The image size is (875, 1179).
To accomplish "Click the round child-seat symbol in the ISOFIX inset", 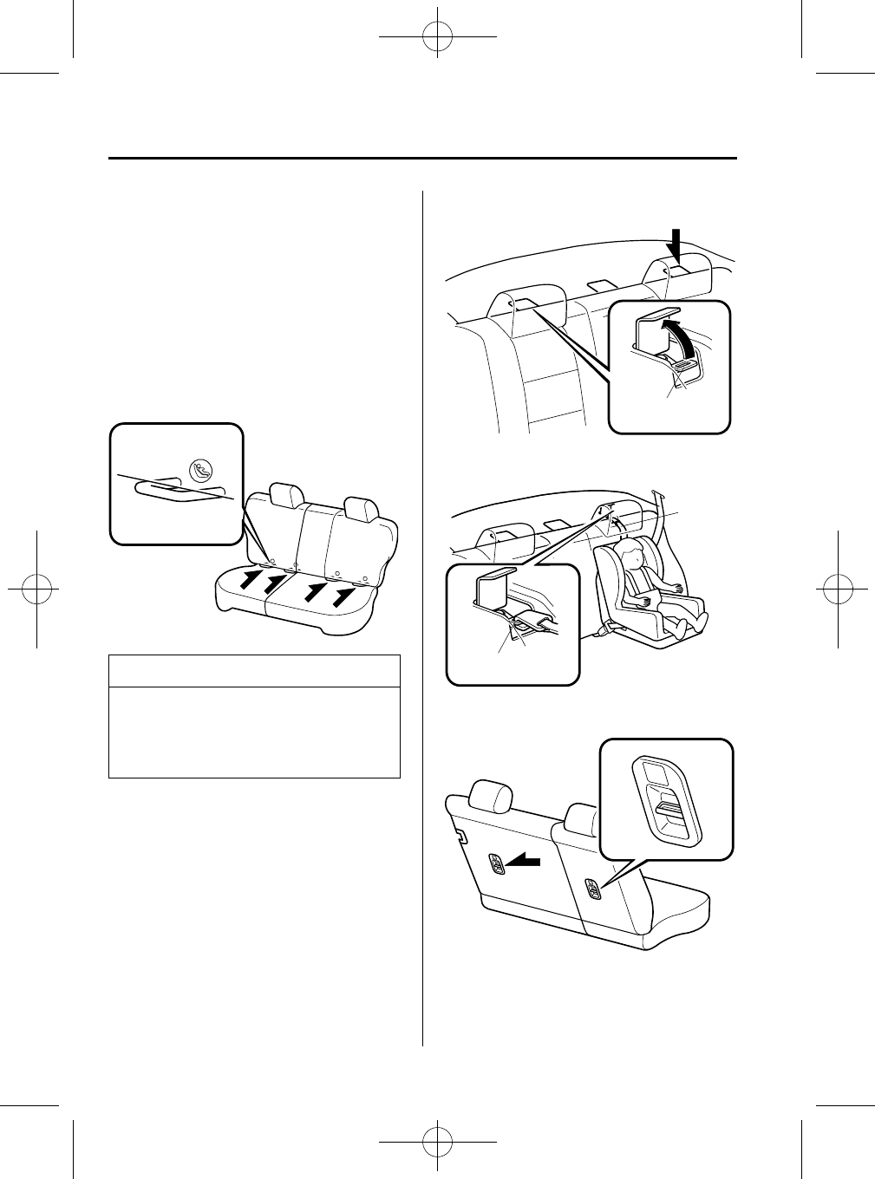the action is click(x=200, y=472).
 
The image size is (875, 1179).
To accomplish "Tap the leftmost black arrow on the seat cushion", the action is click(x=250, y=578).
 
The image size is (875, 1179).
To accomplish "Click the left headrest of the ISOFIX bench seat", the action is click(x=286, y=495).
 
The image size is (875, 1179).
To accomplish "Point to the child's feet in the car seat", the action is click(x=694, y=620).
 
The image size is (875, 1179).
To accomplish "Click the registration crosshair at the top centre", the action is click(x=437, y=38).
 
